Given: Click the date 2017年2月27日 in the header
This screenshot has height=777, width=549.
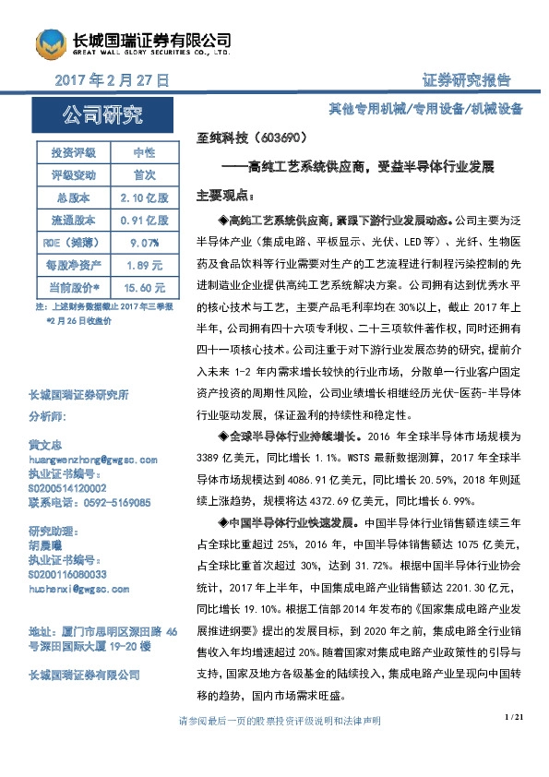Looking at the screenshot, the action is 113,80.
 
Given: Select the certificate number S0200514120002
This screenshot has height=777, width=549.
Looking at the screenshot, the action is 67,488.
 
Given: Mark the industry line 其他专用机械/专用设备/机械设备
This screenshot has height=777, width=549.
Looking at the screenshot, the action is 425,109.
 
